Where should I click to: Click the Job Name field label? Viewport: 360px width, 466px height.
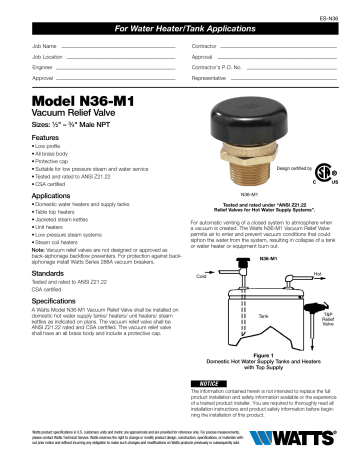pos(44,47)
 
